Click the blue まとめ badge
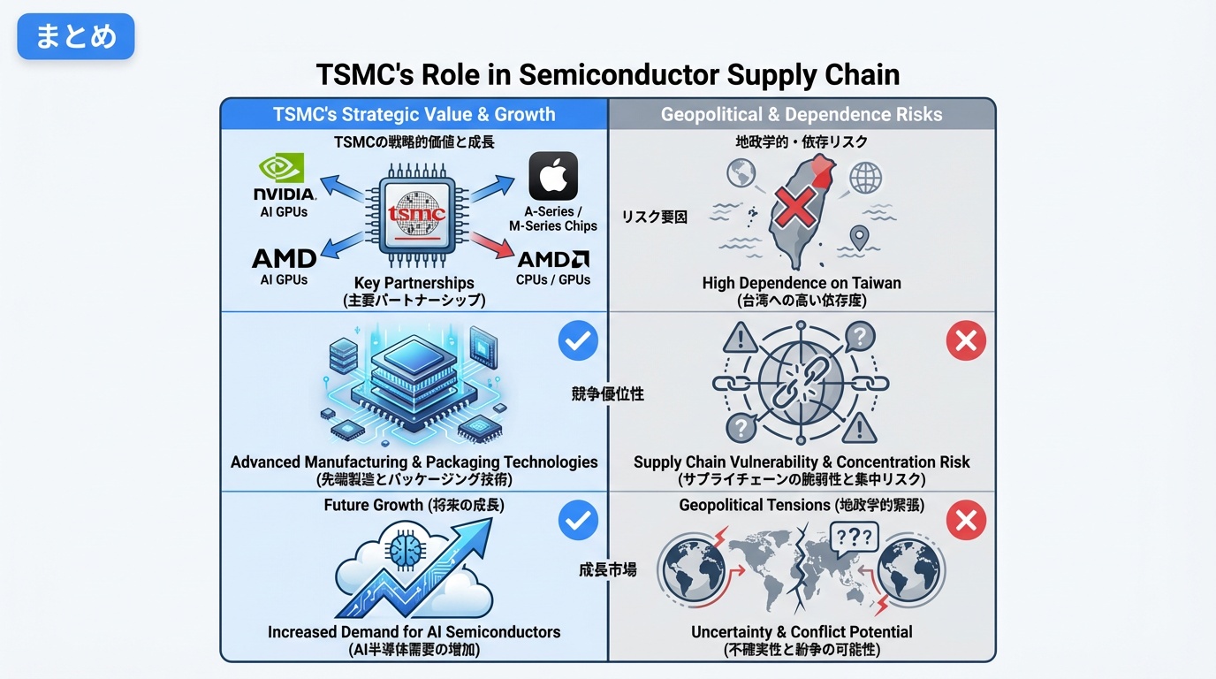[x=76, y=36]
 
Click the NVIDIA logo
[x=284, y=177]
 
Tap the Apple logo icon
[x=553, y=176]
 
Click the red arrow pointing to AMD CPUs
[x=491, y=243]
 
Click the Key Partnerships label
[x=414, y=284]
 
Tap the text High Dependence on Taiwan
[x=802, y=283]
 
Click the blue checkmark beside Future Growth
[x=578, y=521]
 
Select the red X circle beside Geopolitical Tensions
[x=966, y=521]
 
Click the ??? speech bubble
[x=854, y=537]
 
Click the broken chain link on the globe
[x=800, y=383]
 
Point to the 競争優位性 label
[x=608, y=394]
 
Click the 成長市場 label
[x=608, y=569]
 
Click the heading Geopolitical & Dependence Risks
[x=802, y=115]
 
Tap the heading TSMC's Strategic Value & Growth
[x=414, y=115]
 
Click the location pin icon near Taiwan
[x=857, y=237]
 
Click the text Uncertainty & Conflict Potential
[x=802, y=632]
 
